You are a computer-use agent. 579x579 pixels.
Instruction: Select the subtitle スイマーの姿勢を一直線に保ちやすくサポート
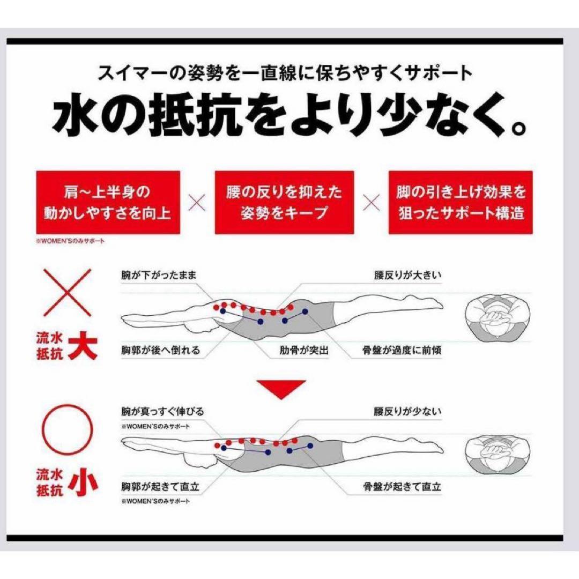click(285, 73)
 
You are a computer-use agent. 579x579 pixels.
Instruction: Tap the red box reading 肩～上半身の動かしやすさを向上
click(108, 202)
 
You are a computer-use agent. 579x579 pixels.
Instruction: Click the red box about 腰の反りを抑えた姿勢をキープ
click(284, 202)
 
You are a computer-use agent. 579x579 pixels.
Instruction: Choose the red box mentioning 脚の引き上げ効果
click(461, 202)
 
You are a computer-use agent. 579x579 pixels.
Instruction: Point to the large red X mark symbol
click(68, 293)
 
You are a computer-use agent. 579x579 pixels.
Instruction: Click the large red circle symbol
click(67, 429)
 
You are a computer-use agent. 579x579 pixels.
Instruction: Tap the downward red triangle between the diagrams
click(281, 389)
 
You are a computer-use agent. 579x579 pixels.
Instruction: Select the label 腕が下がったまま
click(159, 276)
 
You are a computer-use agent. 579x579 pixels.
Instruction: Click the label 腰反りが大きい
click(407, 276)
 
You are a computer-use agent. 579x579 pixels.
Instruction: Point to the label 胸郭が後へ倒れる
click(161, 350)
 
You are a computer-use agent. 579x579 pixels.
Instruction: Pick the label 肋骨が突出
click(304, 350)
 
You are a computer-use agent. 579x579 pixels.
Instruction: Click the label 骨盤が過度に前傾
click(402, 350)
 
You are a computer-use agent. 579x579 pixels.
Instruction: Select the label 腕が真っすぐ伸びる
click(162, 411)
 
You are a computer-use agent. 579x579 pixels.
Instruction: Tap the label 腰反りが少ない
click(407, 411)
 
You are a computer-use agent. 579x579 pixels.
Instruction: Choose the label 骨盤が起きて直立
click(402, 486)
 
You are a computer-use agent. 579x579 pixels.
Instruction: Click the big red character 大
click(83, 345)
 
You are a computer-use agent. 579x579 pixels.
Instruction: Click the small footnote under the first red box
click(70, 241)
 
